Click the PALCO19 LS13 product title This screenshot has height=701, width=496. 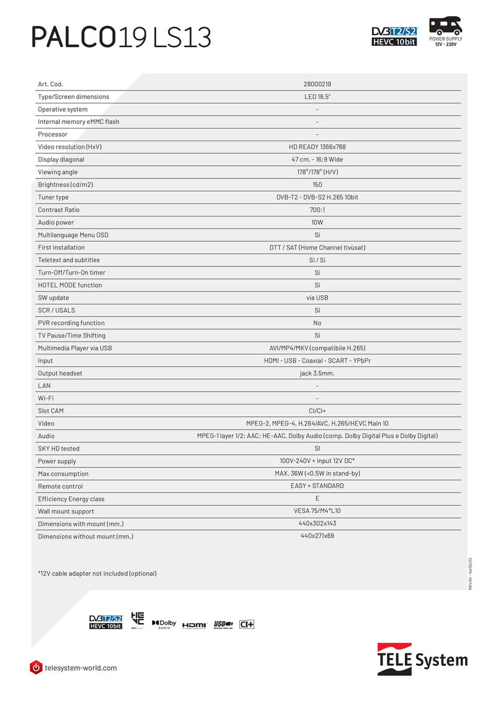coord(122,37)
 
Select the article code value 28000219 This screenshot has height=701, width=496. coord(317,84)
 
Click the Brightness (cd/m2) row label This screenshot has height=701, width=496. coord(66,185)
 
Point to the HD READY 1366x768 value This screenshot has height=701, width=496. coord(317,147)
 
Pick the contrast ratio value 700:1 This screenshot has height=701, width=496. coord(317,209)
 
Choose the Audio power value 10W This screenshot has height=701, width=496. coord(317,223)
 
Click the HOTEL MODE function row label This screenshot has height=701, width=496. coord(70,285)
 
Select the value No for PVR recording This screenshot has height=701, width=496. coord(317,323)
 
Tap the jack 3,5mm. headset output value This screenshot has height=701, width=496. coord(317,373)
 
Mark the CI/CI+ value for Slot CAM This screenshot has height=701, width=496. coord(317,411)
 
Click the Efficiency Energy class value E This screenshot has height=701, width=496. coord(317,498)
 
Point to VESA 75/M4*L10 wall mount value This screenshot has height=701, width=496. coord(317,511)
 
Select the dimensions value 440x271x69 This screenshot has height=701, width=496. coord(317,536)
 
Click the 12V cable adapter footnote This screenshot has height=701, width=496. coord(97,573)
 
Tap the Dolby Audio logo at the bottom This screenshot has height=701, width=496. coord(164,624)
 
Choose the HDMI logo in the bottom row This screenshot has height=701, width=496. coord(194,625)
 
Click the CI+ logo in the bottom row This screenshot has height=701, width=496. coord(247,624)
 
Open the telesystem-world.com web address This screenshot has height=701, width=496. coord(81,668)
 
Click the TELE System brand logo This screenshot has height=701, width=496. coord(422,659)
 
